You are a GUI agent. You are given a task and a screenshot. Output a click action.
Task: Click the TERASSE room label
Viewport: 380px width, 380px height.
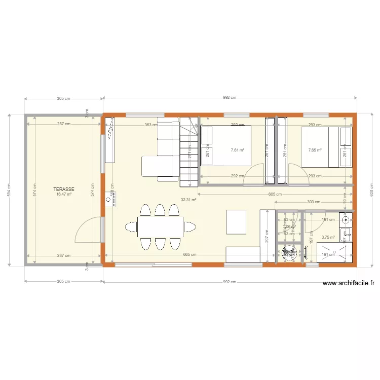(x=64, y=189)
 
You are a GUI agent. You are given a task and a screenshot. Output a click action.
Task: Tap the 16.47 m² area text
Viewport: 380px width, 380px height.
(x=64, y=194)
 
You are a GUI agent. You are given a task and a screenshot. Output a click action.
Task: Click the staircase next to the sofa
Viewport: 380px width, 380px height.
(x=188, y=152)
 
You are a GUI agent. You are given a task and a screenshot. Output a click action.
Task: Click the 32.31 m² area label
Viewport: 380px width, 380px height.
(x=188, y=200)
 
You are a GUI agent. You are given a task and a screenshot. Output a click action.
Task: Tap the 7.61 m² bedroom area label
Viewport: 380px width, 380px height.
(x=237, y=150)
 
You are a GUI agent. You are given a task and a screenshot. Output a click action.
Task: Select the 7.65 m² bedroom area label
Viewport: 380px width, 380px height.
(x=315, y=150)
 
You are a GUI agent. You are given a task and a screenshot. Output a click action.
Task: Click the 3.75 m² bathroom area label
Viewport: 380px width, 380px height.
(x=328, y=237)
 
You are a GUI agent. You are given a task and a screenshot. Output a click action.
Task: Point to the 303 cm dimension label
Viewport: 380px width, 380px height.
(x=314, y=202)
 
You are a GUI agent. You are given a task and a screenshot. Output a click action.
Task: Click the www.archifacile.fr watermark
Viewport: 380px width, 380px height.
(x=348, y=284)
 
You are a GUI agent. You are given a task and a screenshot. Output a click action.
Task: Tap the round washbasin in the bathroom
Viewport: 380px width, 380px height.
(x=347, y=220)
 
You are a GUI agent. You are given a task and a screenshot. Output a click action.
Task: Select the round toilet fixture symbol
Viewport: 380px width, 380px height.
(x=289, y=253)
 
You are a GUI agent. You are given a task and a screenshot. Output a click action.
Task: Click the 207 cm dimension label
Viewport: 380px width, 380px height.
(x=267, y=236)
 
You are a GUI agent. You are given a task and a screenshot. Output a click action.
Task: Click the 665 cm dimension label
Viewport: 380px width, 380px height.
(x=190, y=254)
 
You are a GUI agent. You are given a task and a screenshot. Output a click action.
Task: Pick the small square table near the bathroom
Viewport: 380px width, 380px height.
(x=236, y=222)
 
